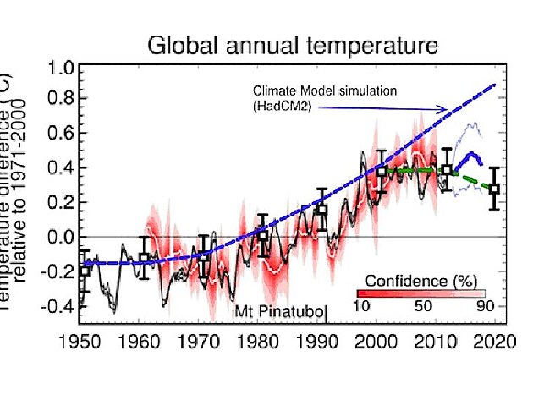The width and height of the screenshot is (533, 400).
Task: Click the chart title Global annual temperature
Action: tap(294, 45)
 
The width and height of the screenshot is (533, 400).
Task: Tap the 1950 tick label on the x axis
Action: tap(83, 347)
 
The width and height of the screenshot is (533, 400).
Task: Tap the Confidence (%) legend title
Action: tap(412, 280)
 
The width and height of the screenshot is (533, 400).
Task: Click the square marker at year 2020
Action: tap(495, 189)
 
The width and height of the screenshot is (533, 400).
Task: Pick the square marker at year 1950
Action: tap(84, 270)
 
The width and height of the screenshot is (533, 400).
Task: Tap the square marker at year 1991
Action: tap(322, 210)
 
